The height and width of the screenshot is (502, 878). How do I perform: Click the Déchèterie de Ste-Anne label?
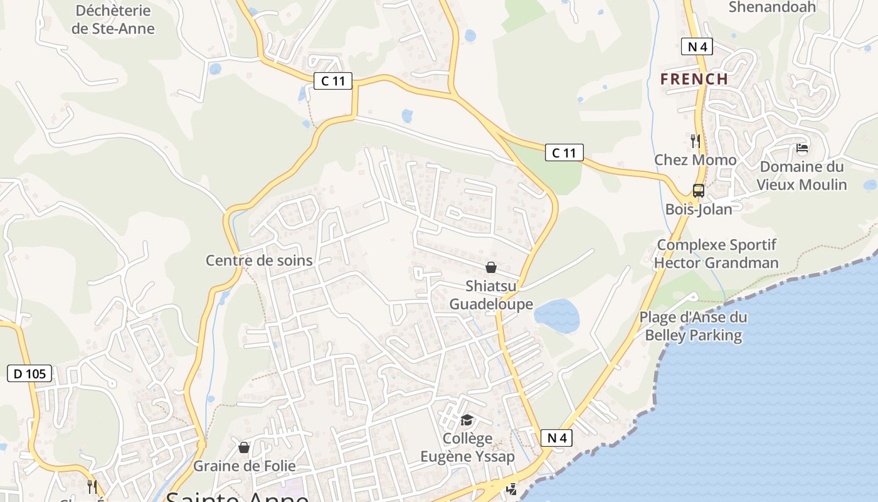113,19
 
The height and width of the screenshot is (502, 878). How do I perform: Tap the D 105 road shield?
29,374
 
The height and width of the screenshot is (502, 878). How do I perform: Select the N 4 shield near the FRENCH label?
697,46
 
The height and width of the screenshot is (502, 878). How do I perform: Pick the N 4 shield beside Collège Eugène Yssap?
556,438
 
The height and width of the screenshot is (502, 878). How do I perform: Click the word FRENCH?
694,80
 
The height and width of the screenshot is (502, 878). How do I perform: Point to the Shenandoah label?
772,8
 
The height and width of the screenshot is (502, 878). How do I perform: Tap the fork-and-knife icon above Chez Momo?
695,141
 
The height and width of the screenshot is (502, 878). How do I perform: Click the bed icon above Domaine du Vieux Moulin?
801,149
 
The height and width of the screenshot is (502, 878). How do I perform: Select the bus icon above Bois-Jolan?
698,191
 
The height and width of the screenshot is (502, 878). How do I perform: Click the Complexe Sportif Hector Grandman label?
716,254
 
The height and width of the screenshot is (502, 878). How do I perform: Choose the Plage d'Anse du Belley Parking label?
693,326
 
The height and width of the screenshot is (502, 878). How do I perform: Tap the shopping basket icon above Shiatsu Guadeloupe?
491,268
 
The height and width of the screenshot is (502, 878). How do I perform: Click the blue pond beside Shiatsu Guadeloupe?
557,316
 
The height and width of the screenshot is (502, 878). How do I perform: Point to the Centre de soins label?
259,260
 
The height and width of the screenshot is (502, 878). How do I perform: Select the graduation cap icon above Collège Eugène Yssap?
467,420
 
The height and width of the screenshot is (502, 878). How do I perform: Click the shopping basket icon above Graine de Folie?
244,447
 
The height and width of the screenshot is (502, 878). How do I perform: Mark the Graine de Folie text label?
244,466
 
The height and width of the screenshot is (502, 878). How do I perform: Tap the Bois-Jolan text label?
699,210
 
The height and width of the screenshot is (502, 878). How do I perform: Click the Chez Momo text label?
696,160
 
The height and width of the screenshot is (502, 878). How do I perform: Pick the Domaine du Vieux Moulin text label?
801,176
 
